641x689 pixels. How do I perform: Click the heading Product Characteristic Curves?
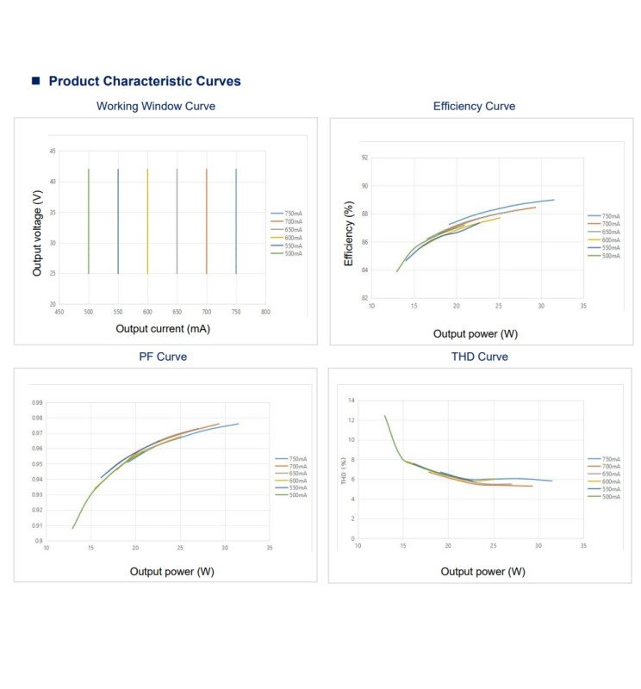tap(144, 81)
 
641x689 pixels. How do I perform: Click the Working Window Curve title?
tap(156, 106)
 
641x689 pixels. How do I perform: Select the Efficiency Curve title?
tap(474, 106)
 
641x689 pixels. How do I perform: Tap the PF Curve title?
tap(163, 357)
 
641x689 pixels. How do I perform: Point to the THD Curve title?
tap(480, 357)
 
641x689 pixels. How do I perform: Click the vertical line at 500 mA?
tap(89, 221)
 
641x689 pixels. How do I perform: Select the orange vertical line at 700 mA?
tap(207, 221)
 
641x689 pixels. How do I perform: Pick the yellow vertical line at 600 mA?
tap(147, 221)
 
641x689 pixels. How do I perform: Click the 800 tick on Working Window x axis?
tap(265, 312)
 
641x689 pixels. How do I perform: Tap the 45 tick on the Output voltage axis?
tap(53, 152)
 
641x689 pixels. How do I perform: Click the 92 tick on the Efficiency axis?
tap(364, 158)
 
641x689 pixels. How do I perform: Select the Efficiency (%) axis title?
tap(349, 233)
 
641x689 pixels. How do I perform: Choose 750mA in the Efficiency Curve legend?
tap(610, 217)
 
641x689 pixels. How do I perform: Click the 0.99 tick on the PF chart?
tap(38, 402)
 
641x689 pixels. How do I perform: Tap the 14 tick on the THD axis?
tap(352, 400)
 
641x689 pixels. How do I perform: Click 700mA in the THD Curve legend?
tap(610, 467)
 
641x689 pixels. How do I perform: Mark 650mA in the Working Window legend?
tap(293, 230)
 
